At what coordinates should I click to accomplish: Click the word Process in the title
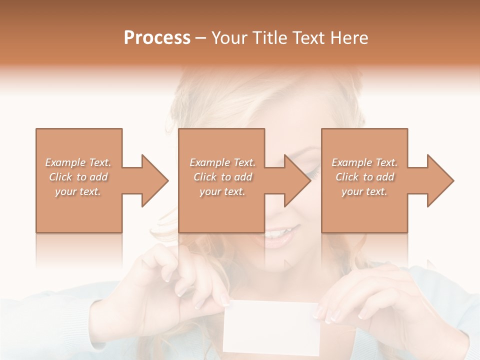point(157,37)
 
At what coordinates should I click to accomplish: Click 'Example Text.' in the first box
point(78,162)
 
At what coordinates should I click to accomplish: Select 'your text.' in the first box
point(78,191)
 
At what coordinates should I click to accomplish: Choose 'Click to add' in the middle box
point(222,177)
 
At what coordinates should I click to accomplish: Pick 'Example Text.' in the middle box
point(222,162)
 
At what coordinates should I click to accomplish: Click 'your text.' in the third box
point(364,191)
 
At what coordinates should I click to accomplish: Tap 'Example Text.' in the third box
point(364,162)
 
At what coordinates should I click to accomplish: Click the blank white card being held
point(271,327)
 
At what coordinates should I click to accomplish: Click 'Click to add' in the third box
point(364,177)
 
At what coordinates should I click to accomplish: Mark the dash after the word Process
point(201,38)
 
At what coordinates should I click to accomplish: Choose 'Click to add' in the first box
point(78,177)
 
